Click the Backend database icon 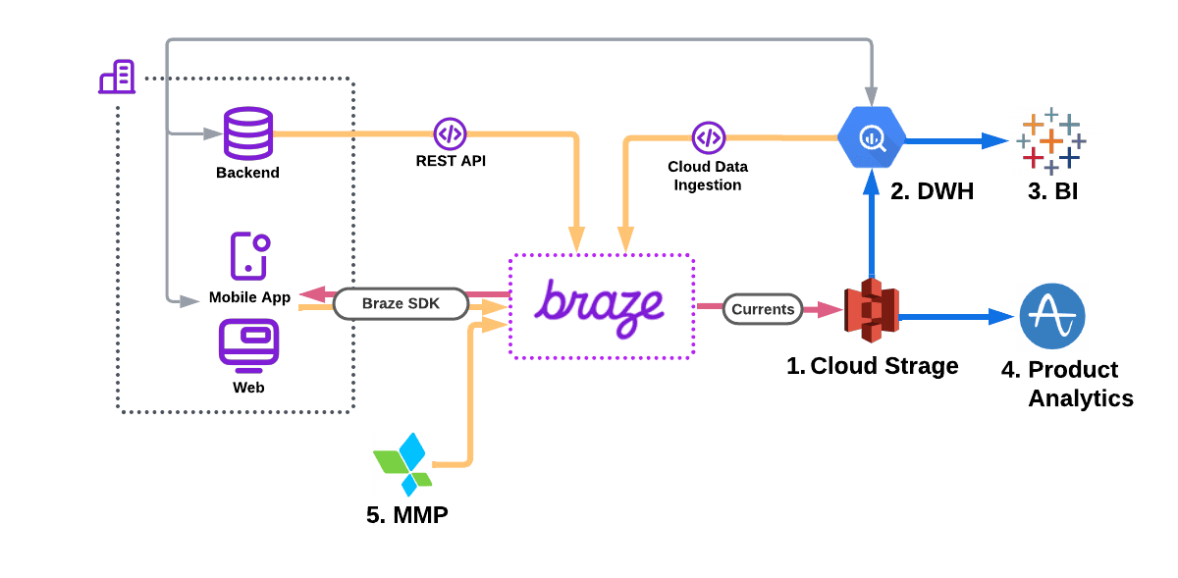[x=247, y=132]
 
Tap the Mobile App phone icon [x=249, y=256]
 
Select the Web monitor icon [x=248, y=344]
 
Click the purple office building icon [x=118, y=78]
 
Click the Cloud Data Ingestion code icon [x=708, y=137]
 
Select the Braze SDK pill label [x=401, y=303]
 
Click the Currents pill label [x=763, y=309]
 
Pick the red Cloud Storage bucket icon [x=872, y=310]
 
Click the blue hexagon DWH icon [x=872, y=138]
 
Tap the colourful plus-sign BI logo [x=1050, y=141]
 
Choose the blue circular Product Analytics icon [x=1052, y=316]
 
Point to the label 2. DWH [x=932, y=191]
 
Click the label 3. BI [x=1052, y=191]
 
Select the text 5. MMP [x=406, y=514]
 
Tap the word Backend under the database [x=247, y=173]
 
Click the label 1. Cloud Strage [x=872, y=366]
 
